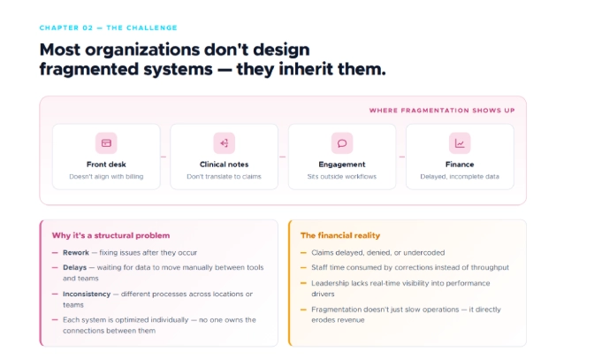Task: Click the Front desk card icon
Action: (106, 142)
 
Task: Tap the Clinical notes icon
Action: (224, 142)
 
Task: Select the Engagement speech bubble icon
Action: (341, 142)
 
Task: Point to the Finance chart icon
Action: (460, 142)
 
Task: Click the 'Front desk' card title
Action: (106, 165)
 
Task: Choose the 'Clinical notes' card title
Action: (224, 165)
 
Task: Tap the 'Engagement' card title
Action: (341, 165)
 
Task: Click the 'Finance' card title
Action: (460, 165)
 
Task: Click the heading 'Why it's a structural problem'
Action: (110, 235)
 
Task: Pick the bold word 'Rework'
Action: (76, 253)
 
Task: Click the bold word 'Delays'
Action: (75, 267)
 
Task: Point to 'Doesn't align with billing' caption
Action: (106, 177)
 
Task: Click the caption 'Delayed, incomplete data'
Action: (460, 177)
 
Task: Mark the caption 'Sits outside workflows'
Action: (341, 177)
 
